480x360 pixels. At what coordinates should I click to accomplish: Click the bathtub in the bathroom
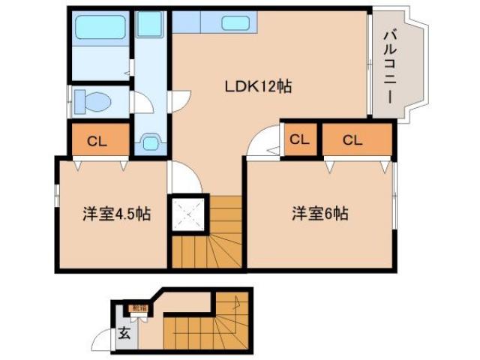coord(100,31)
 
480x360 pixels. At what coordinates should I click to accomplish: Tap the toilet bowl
coord(94,100)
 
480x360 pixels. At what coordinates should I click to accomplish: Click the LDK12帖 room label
coord(258,86)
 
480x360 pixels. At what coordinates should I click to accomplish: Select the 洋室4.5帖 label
coord(115,214)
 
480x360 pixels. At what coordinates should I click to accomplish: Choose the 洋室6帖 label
coord(319,214)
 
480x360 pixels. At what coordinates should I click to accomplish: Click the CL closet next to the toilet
coord(97,140)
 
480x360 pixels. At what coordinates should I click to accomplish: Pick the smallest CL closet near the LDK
coord(298,139)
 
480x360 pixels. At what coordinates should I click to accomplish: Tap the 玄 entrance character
coord(124,334)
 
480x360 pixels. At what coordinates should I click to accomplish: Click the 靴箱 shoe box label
coord(139,307)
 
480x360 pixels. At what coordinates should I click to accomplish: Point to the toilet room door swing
coord(138,102)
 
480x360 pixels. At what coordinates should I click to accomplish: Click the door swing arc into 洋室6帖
coord(262,142)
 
